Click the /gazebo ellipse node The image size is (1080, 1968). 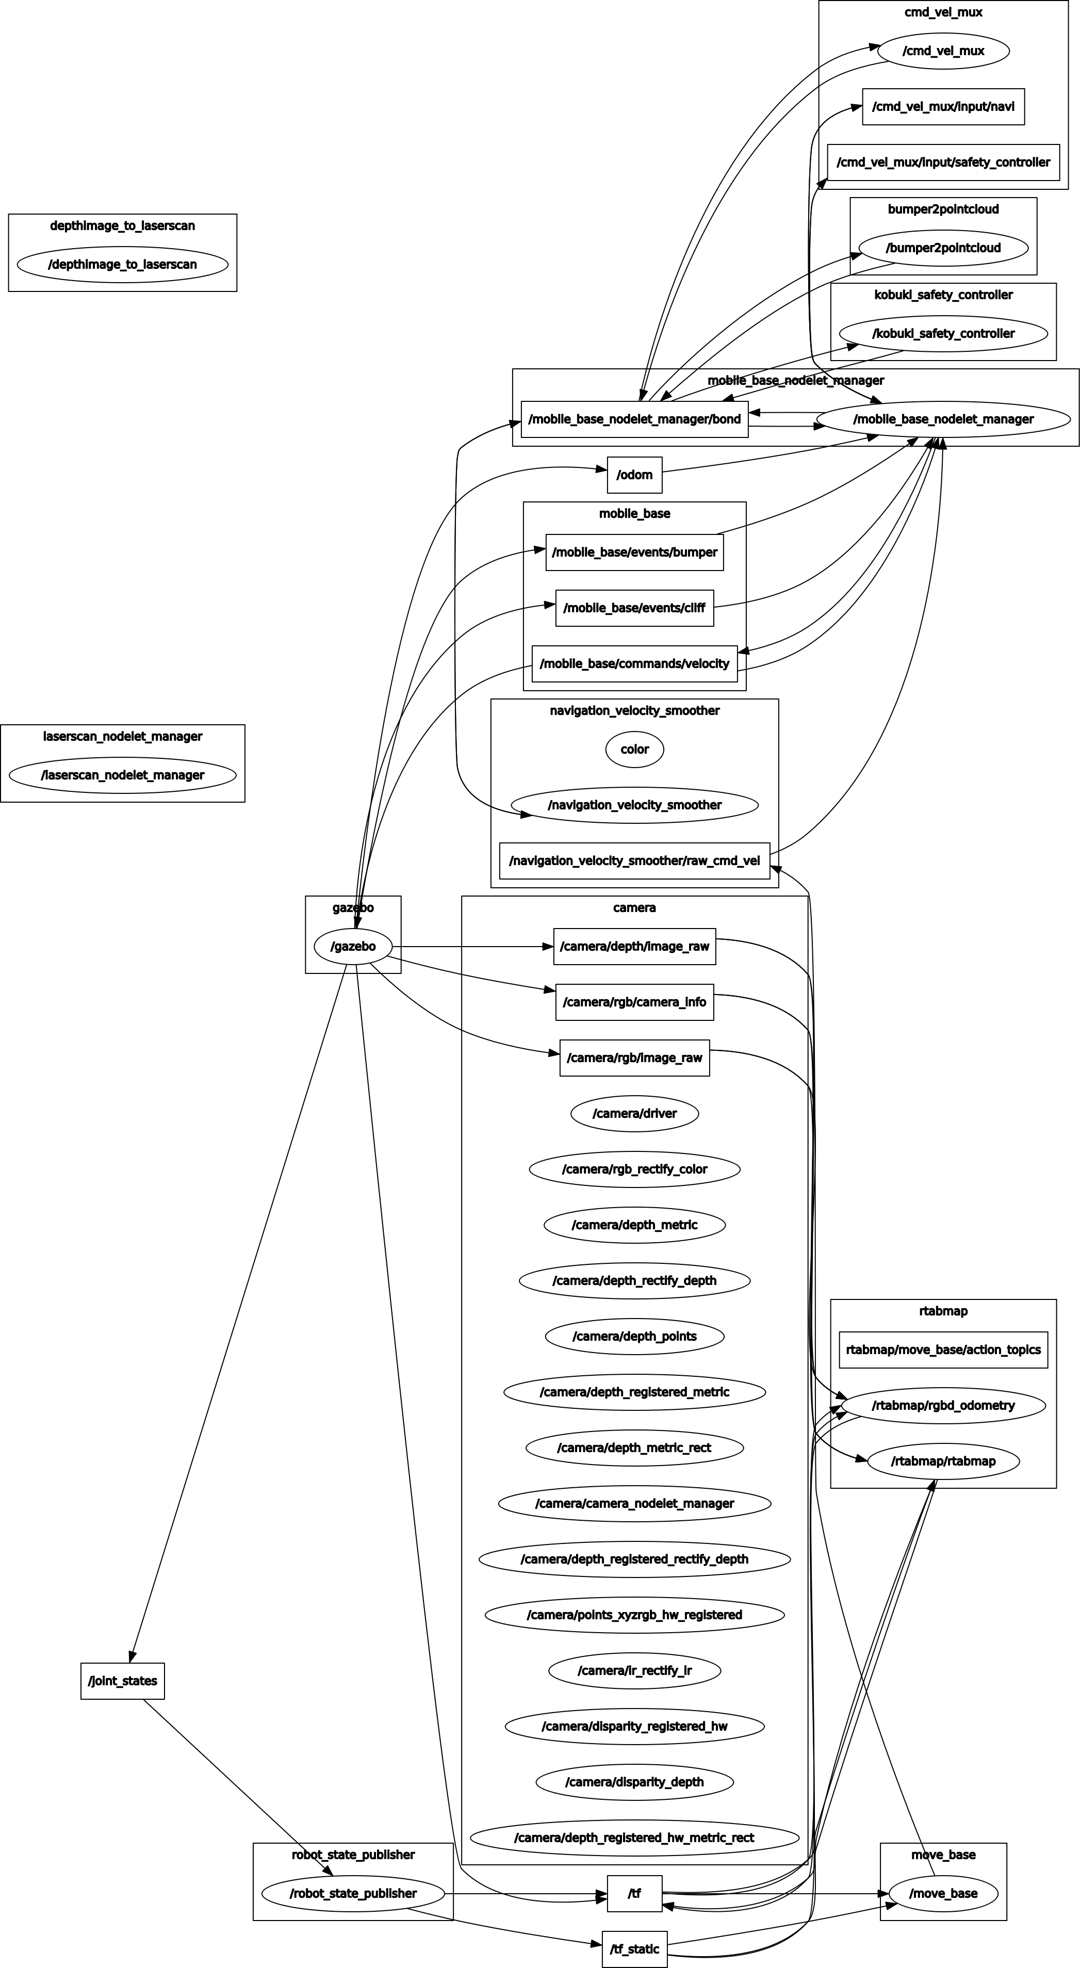point(353,947)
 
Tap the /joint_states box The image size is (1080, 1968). point(122,1681)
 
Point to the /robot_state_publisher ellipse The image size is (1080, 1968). point(353,1893)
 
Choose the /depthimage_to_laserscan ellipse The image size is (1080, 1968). point(122,264)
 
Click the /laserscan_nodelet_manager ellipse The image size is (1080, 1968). point(122,775)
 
